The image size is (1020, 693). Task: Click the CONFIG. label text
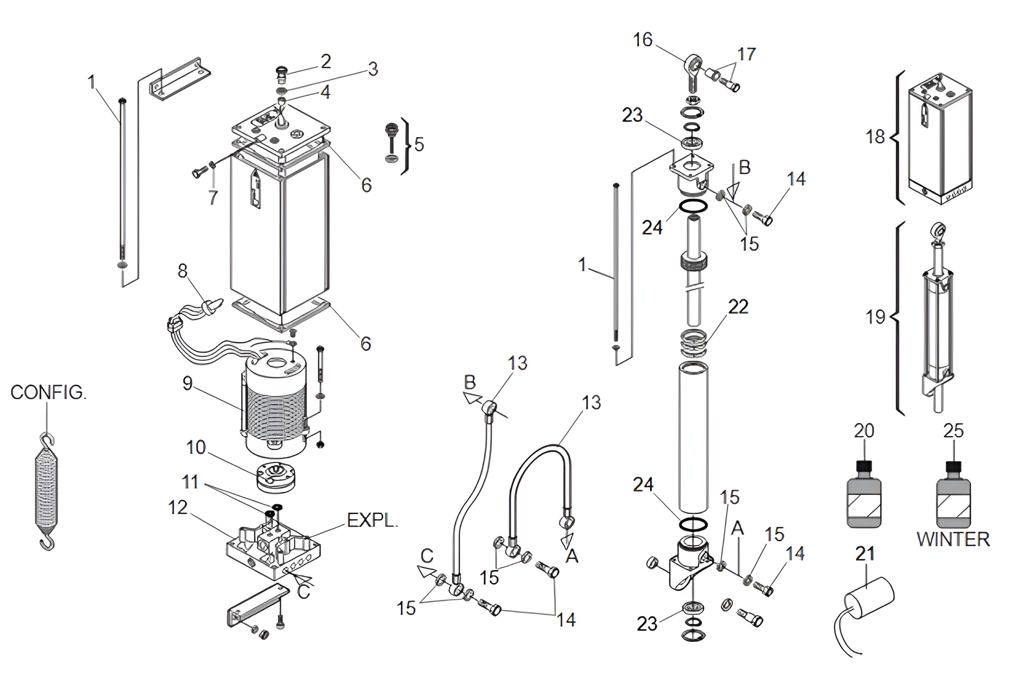[48, 393]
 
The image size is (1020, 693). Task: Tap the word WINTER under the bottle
[953, 540]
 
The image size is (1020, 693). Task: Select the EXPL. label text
[373, 520]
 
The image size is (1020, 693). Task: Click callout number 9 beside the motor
[187, 383]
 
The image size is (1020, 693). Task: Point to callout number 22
[738, 307]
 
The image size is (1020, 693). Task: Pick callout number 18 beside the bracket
[875, 136]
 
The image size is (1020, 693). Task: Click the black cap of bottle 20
[864, 466]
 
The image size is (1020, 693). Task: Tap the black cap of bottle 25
[953, 466]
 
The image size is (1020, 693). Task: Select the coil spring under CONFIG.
[47, 492]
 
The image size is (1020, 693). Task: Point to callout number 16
[642, 40]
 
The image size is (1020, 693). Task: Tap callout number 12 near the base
[178, 508]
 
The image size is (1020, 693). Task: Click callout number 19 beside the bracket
[875, 317]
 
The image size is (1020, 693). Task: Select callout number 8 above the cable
[183, 271]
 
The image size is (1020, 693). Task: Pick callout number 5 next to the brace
[419, 144]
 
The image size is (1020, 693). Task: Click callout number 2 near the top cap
[325, 62]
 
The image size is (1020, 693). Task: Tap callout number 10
[196, 448]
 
